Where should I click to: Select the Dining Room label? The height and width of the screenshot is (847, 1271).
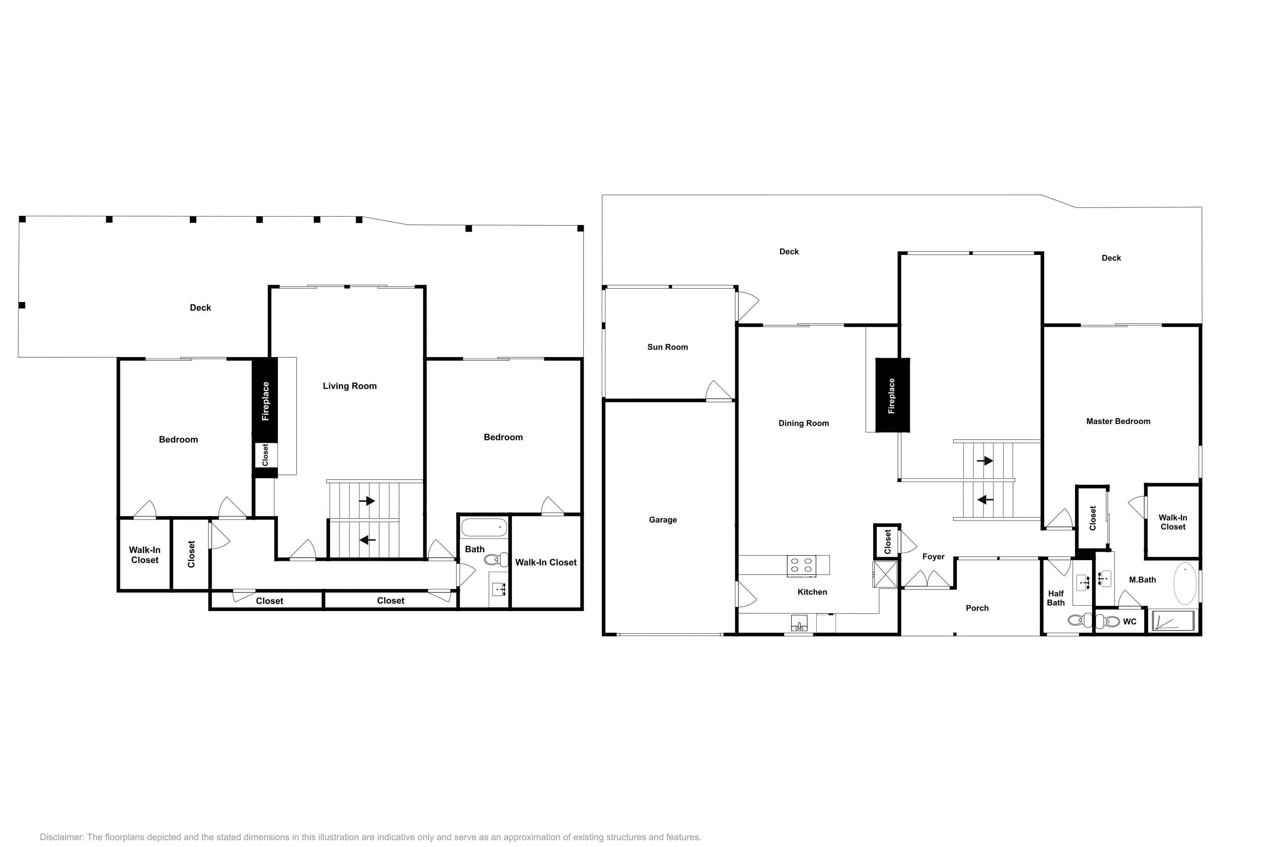point(803,423)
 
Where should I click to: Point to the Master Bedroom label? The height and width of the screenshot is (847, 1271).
point(1118,421)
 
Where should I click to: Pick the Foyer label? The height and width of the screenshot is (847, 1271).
point(933,557)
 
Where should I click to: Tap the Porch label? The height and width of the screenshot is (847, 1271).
point(977,608)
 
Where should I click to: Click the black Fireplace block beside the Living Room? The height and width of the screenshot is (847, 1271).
point(265,400)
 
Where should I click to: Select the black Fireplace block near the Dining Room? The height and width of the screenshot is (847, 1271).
point(893,395)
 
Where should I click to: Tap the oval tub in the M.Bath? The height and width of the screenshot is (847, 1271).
point(1185,584)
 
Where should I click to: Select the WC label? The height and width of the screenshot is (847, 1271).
point(1129,622)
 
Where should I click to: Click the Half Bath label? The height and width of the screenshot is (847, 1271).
point(1056,598)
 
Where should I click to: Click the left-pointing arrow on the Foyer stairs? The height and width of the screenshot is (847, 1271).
point(985,500)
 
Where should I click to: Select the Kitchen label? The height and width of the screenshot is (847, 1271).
point(812,592)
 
